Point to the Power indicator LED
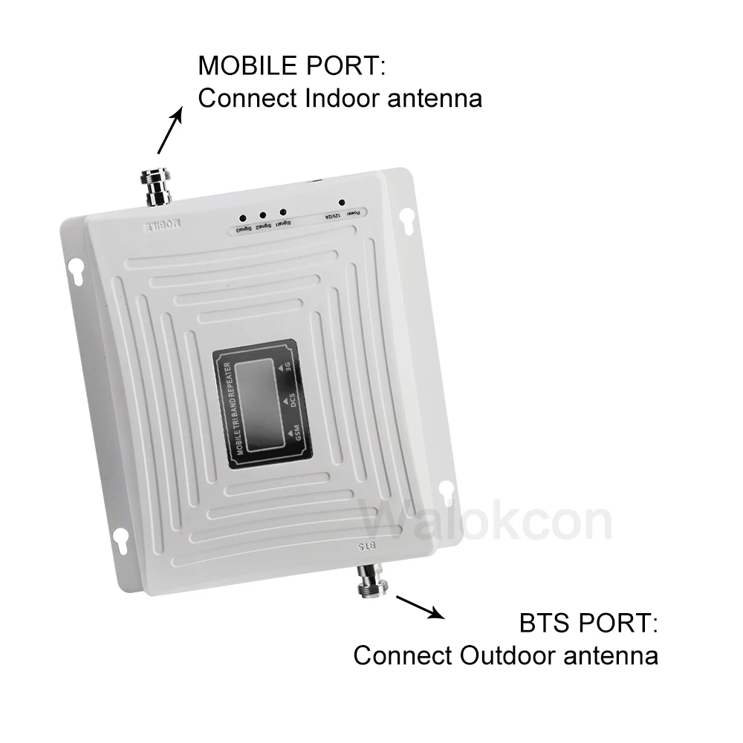(x=341, y=202)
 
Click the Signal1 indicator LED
(x=283, y=213)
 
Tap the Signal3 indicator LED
(x=243, y=218)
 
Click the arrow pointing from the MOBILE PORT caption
(x=170, y=131)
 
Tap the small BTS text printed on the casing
(x=369, y=546)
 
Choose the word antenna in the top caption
(x=435, y=98)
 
